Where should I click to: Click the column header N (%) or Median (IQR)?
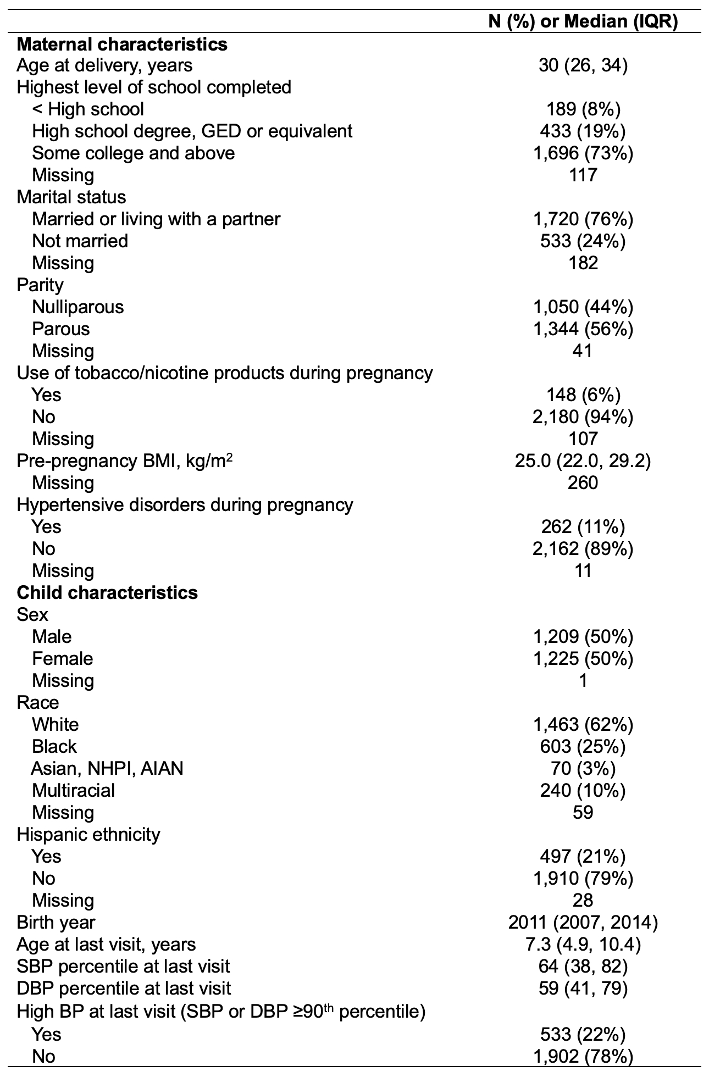pos(583,21)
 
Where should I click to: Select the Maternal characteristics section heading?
pos(122,44)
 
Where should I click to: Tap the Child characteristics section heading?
pos(107,593)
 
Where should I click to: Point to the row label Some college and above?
pos(134,153)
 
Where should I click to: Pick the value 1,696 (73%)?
pos(583,153)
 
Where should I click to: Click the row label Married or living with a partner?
pos(156,219)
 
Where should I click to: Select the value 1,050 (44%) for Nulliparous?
pos(583,307)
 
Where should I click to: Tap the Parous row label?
pos(60,329)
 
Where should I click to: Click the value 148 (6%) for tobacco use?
pos(583,395)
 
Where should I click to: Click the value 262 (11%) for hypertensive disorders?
pos(583,526)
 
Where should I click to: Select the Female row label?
pos(63,658)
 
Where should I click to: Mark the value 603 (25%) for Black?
pos(583,746)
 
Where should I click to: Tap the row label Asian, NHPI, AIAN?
pos(107,768)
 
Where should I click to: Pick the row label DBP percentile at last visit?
pos(124,988)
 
